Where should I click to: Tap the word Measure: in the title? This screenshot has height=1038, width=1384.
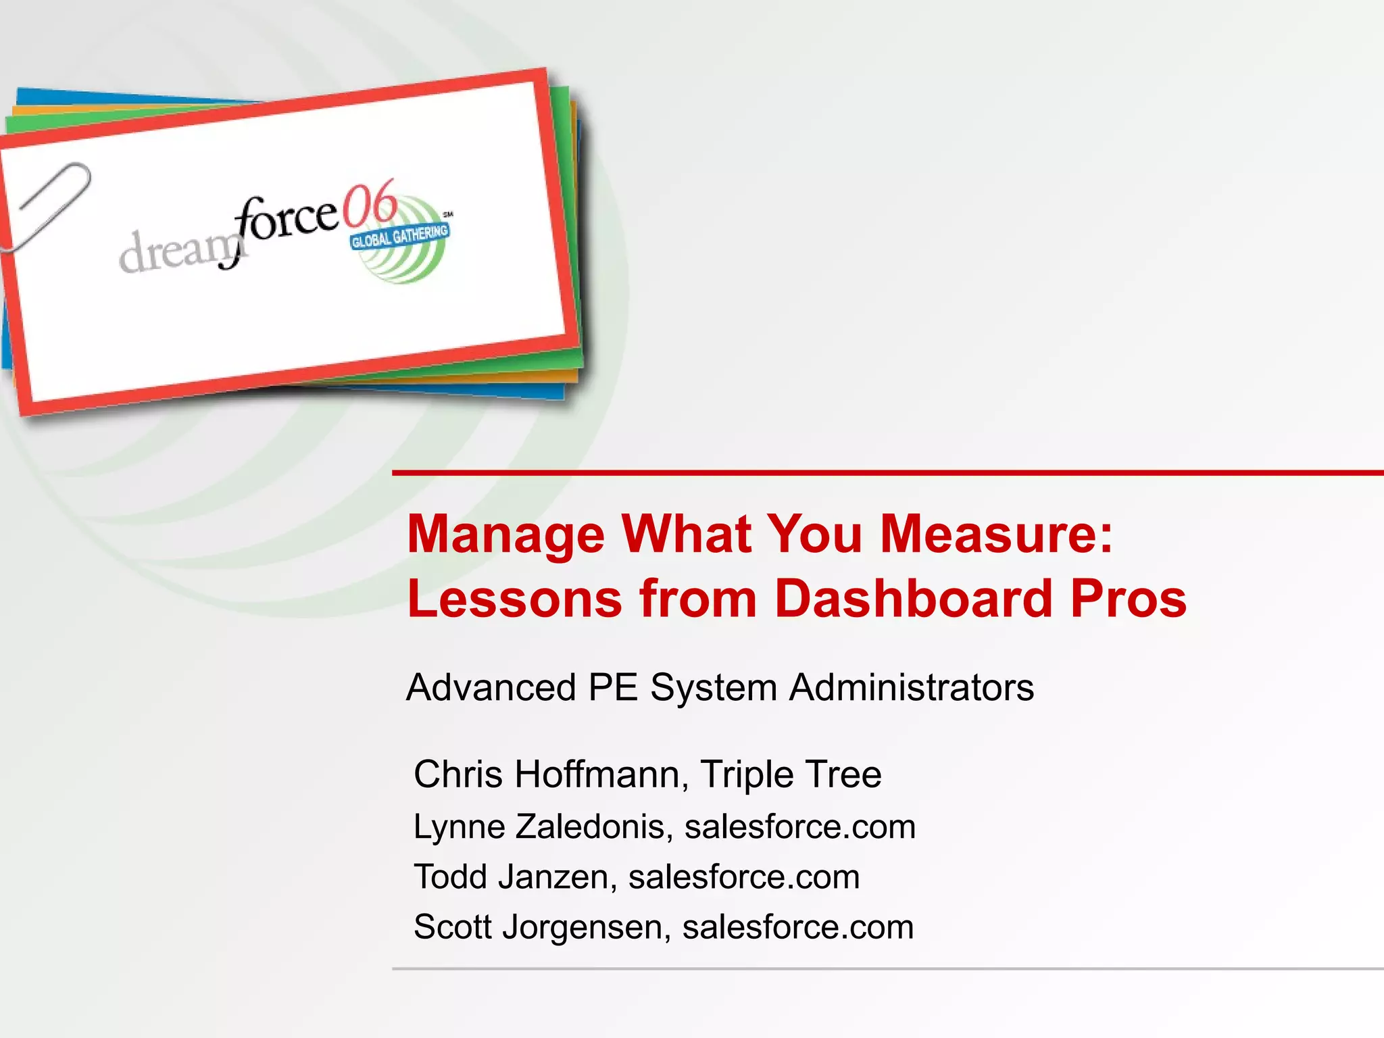pyautogui.click(x=996, y=534)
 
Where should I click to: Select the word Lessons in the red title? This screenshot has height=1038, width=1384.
pyautogui.click(x=514, y=599)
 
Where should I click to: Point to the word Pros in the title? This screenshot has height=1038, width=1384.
pyautogui.click(x=1129, y=599)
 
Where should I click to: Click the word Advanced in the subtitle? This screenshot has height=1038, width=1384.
pyautogui.click(x=491, y=688)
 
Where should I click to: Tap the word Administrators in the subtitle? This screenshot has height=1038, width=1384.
pyautogui.click(x=912, y=688)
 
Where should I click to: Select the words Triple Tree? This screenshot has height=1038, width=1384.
pyautogui.click(x=791, y=774)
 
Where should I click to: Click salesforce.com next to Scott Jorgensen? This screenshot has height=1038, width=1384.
pyautogui.click(x=798, y=927)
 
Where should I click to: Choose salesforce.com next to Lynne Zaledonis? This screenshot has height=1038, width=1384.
pyautogui.click(x=800, y=827)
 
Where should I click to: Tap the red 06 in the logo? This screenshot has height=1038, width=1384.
pyautogui.click(x=369, y=204)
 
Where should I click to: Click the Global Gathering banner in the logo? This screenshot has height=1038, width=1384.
pyautogui.click(x=399, y=237)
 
